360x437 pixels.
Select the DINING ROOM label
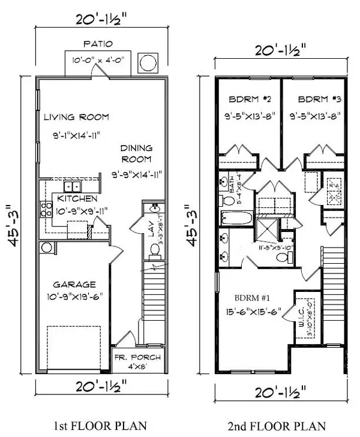(x=136, y=153)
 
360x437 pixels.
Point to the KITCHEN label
(x=78, y=198)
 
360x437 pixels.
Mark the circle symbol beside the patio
(x=148, y=62)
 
